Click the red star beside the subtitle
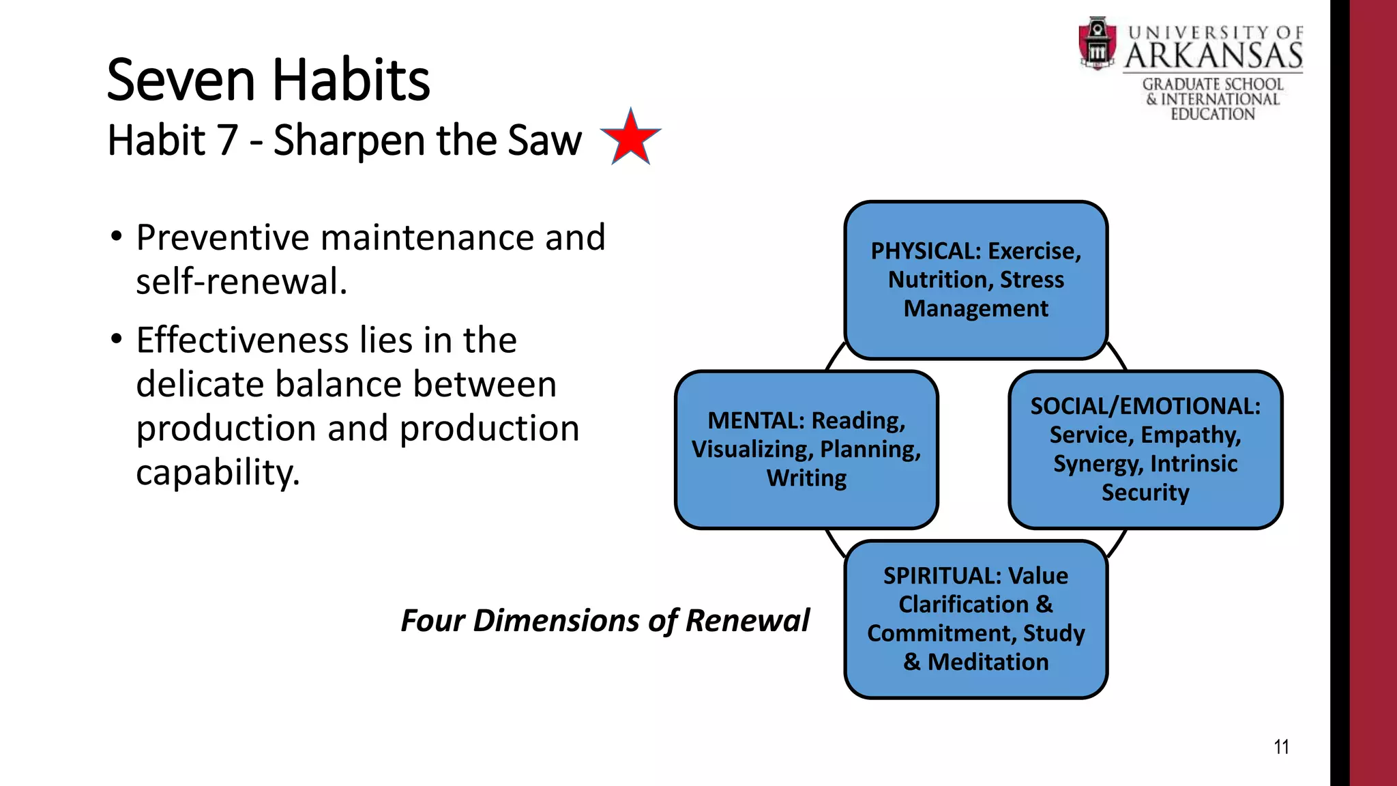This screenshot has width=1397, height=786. pos(630,138)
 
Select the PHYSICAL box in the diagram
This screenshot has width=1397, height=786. pos(975,280)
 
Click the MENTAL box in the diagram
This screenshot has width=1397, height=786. pos(806,449)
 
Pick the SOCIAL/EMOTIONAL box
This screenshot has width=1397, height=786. pos(1145,449)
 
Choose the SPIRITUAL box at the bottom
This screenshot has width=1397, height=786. pos(975,618)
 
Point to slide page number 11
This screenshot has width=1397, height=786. pos(1281,747)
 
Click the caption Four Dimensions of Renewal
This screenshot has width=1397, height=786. pos(604,620)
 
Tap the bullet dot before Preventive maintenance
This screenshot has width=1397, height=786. pos(117,237)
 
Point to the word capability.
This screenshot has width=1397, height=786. pos(217,472)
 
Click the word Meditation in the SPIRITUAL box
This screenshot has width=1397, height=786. pos(988,662)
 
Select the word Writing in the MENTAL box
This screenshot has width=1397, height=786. pos(806,478)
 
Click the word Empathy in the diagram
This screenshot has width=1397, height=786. pos(1191,435)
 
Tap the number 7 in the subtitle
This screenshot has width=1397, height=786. pos(227,141)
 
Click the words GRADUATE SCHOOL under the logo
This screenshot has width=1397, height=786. pos(1213,85)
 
